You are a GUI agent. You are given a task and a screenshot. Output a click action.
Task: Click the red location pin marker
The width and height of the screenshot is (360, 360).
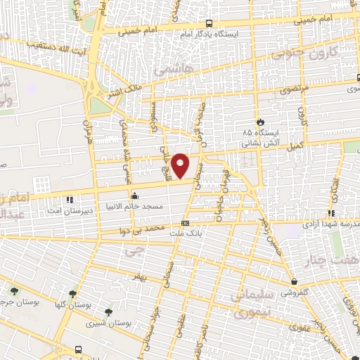click(181, 166)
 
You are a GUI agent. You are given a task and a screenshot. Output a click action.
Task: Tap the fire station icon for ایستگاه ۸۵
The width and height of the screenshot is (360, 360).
click(261, 122)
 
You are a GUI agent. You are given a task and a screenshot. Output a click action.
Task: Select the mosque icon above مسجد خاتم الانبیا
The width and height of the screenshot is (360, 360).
click(134, 195)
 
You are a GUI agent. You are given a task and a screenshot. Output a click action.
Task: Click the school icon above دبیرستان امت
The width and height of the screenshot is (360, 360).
click(70, 199)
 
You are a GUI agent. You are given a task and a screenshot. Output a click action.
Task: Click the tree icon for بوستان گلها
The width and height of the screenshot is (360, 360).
click(73, 295)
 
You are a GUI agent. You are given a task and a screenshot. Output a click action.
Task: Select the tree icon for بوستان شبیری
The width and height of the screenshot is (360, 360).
click(108, 312)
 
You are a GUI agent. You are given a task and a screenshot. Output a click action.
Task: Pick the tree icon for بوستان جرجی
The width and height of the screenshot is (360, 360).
click(14, 290)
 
